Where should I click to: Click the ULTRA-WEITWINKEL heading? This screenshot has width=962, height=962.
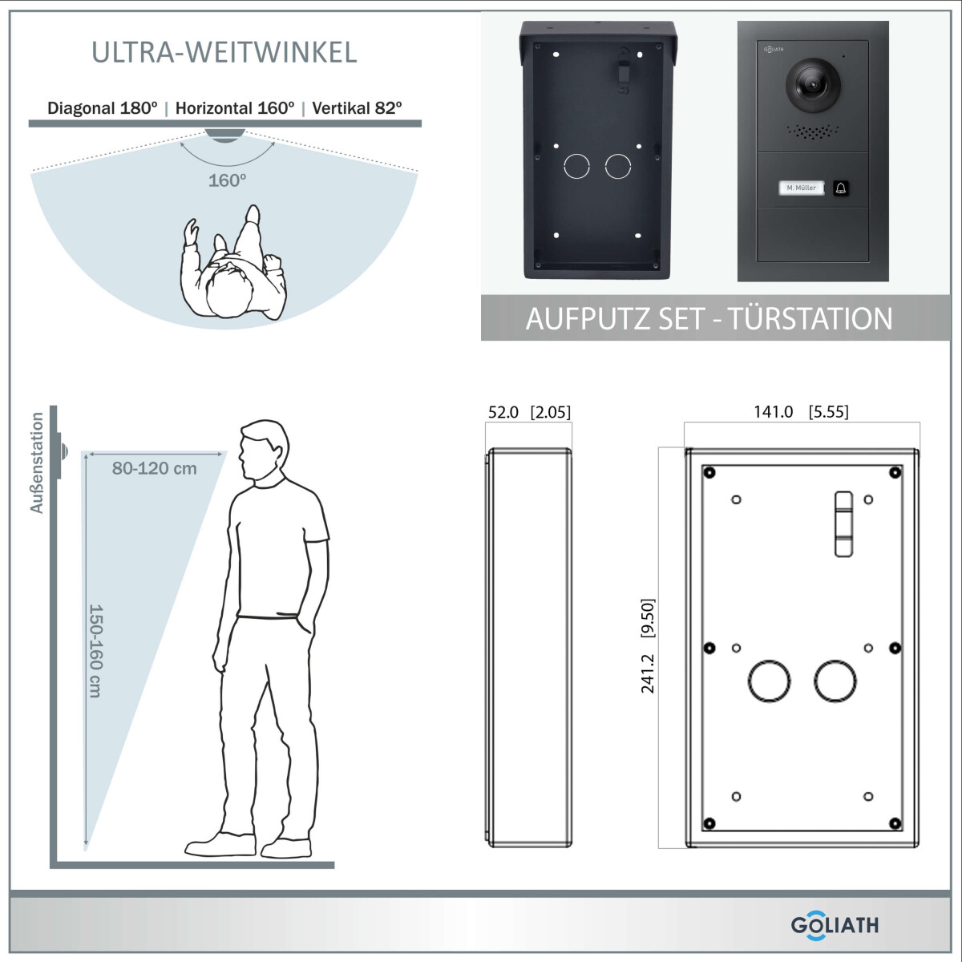point(224,52)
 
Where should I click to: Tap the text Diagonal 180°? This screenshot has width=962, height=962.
point(103,108)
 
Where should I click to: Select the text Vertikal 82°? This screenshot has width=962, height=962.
point(357,108)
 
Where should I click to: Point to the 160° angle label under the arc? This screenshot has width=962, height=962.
point(227,180)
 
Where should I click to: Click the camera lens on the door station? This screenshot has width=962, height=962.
point(813,85)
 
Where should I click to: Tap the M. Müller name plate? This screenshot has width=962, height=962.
point(801,188)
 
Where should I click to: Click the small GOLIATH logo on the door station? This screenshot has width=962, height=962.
point(774,50)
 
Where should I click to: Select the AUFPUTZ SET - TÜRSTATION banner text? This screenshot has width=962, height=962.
point(709,318)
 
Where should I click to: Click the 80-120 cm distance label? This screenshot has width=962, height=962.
point(154,468)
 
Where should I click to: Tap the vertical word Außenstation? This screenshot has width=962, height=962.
point(37,463)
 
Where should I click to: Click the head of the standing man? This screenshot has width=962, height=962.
point(263,449)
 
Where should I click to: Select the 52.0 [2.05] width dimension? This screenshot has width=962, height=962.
point(529,412)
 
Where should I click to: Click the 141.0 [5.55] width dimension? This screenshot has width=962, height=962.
point(801,411)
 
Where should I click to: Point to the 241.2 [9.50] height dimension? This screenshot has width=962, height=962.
point(648,646)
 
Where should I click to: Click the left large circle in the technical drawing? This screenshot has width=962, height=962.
point(769,681)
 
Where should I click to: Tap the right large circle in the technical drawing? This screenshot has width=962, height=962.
point(835,681)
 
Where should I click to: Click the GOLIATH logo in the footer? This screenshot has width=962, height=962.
point(835,925)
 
